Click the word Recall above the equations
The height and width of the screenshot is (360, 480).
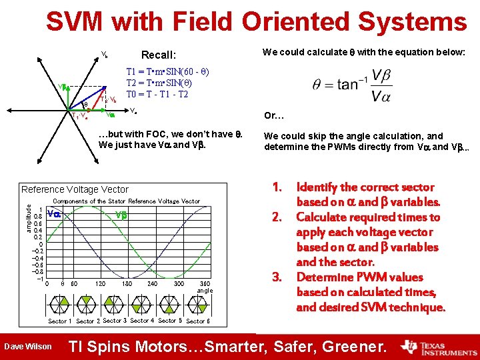[158, 55]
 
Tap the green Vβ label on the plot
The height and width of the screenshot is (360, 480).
[121, 215]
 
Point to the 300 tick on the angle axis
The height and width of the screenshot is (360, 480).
[179, 283]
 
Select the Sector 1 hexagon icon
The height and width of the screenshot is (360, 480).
[59, 305]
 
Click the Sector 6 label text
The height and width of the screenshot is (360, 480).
[198, 321]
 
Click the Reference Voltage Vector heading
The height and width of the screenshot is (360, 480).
[75, 190]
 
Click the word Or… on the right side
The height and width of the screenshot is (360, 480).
[273, 116]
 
